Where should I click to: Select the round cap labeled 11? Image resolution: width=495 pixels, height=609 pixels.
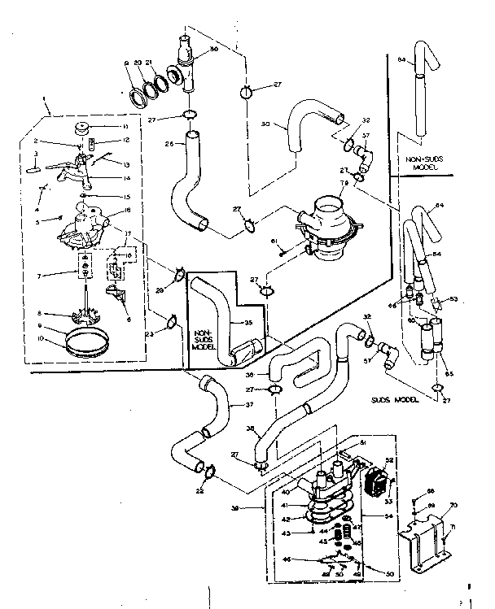click(81, 128)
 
